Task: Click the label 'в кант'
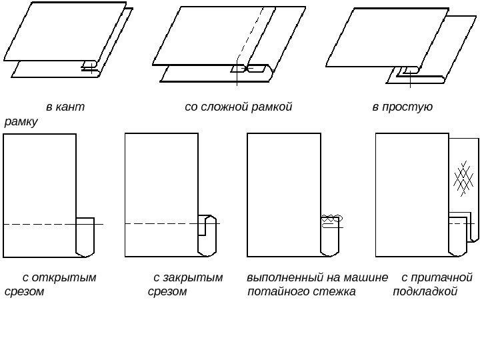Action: point(65,107)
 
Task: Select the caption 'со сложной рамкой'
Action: point(238,107)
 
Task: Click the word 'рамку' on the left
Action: point(21,122)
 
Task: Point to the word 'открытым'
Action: point(64,277)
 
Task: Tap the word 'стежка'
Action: point(337,291)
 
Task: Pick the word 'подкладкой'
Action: point(425,291)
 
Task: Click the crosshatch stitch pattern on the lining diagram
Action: point(462,177)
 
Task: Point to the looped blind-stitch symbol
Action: point(331,218)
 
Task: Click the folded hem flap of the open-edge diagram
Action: point(85,236)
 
